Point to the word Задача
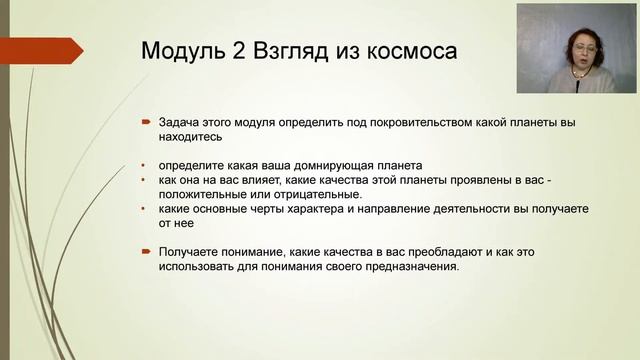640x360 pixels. [x=180, y=122]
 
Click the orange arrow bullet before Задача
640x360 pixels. [x=145, y=122]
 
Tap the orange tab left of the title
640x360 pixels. [x=40, y=50]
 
